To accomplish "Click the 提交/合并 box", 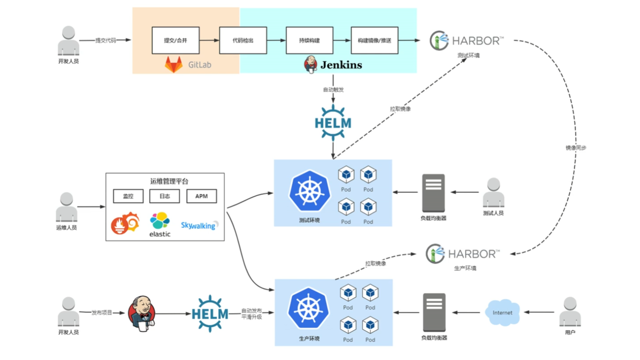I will pos(175,40).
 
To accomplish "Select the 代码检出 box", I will pos(243,40).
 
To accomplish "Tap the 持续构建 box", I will pos(309,40).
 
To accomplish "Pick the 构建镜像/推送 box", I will pos(374,40).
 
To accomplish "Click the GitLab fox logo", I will pos(174,64).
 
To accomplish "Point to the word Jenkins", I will pos(341,65).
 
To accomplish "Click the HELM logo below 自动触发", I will pos(333,123).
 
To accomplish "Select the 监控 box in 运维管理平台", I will pos(128,196).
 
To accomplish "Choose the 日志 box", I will pos(164,196).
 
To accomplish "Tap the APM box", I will pos(201,196).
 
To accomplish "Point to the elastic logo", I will pos(160,224).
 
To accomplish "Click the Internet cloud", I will pos(502,313).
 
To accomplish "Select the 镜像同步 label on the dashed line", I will pos(576,148).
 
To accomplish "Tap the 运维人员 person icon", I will pos(66,207).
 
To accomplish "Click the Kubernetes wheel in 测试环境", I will pos(310,192).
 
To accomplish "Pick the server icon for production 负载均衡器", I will pos(434,312).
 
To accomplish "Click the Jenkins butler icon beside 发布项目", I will pos(142,313).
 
